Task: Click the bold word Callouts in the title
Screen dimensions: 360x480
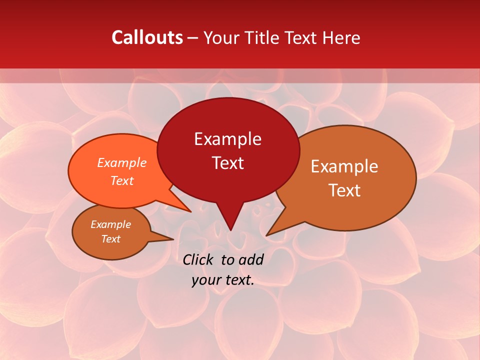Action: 147,37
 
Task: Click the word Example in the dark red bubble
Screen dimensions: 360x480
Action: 227,139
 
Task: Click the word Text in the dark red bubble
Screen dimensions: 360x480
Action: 227,163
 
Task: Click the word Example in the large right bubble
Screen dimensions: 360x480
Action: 344,166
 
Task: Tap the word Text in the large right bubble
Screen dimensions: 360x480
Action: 344,190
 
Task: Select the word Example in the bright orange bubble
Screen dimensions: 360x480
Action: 121,163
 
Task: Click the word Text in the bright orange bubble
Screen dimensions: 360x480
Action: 121,181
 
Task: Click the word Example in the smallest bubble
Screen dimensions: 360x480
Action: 110,225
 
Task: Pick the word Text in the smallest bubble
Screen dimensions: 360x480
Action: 110,239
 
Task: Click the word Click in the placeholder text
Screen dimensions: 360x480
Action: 199,259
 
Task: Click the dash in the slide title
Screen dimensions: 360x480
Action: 193,38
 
